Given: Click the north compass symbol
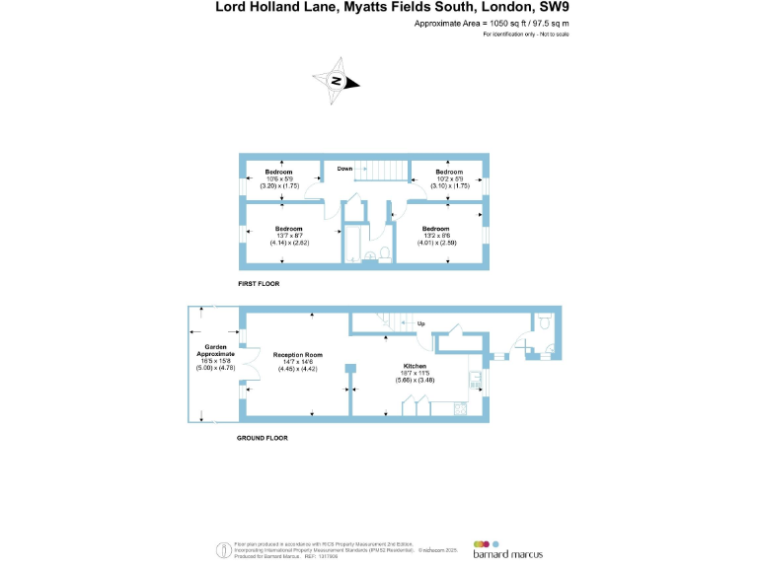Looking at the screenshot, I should [x=337, y=82].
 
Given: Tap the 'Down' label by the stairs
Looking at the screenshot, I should [x=344, y=169].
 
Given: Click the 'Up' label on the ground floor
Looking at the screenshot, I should [x=420, y=323].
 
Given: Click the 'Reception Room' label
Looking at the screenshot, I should [x=298, y=355].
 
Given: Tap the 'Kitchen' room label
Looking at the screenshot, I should [x=414, y=366].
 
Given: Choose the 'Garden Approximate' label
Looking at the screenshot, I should [x=216, y=350].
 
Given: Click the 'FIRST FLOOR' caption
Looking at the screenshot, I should [x=259, y=284].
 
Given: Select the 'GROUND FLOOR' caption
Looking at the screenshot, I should [x=263, y=438].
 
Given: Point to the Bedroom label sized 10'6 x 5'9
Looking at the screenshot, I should [x=279, y=172].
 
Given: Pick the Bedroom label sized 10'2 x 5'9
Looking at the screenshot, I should [x=449, y=172].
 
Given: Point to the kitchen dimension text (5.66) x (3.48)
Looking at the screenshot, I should [x=414, y=381].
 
